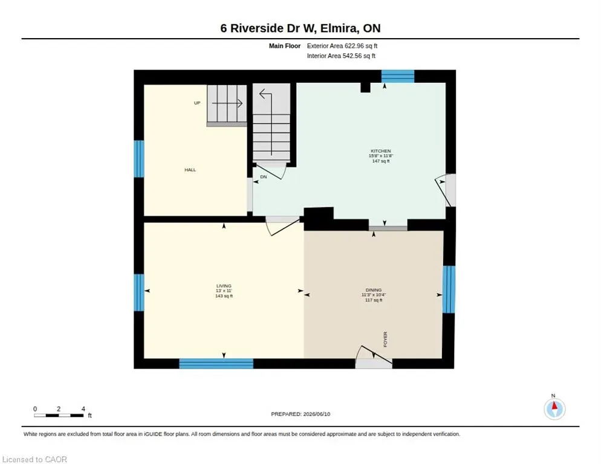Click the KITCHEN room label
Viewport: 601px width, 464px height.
[380, 151]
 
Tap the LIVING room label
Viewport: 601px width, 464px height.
[224, 286]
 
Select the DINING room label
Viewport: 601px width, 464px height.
[373, 290]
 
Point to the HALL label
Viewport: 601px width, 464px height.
[190, 170]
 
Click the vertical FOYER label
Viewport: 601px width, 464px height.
[385, 340]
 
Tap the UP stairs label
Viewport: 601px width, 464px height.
[197, 103]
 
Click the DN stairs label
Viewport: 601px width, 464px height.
[264, 177]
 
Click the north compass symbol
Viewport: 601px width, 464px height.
[554, 409]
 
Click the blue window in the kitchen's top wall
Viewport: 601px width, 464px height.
[398, 76]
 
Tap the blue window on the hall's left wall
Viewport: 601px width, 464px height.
[139, 159]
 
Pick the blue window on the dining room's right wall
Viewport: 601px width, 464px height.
[449, 289]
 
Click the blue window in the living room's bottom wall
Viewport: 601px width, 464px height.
[216, 364]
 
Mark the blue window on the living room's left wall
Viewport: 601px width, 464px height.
[139, 292]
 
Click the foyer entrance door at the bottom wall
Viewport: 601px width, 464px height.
[374, 358]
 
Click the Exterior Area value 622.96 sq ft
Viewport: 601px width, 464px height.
[361, 46]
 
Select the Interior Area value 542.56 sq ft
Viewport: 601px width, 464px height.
[359, 56]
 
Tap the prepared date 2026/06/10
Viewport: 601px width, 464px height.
[317, 414]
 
